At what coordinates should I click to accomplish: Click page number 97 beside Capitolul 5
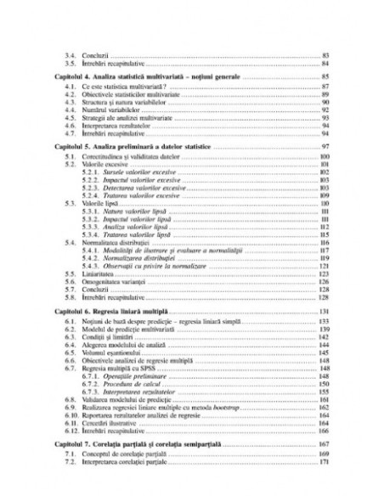point(325,146)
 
